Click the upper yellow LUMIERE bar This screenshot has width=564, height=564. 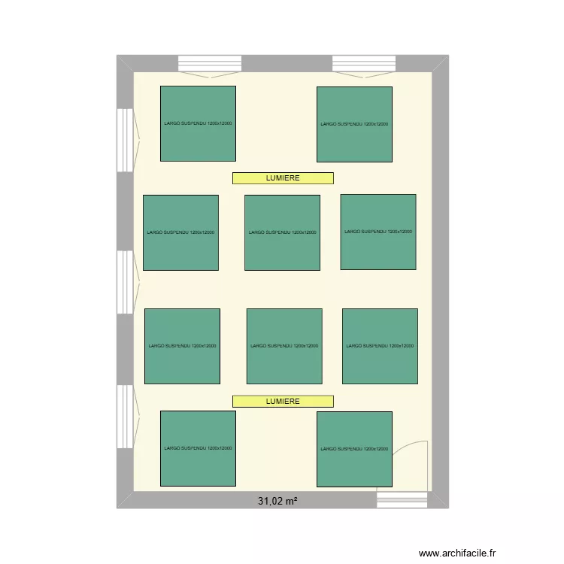283,178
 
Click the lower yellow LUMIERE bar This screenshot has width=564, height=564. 283,402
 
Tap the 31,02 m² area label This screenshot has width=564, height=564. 277,500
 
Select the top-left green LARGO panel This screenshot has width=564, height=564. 198,123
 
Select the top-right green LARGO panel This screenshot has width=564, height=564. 354,124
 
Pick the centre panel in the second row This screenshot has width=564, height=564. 282,232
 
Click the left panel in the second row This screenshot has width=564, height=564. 180,232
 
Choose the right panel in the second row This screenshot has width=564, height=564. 378,232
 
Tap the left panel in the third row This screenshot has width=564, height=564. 182,346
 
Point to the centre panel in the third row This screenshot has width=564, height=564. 284,346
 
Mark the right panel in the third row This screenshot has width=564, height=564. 380,346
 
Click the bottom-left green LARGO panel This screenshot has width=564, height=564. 198,448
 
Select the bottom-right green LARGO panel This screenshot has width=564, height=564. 354,449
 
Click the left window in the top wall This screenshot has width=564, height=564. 209,63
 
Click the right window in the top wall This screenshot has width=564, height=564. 364,63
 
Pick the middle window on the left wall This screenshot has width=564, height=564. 124,281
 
